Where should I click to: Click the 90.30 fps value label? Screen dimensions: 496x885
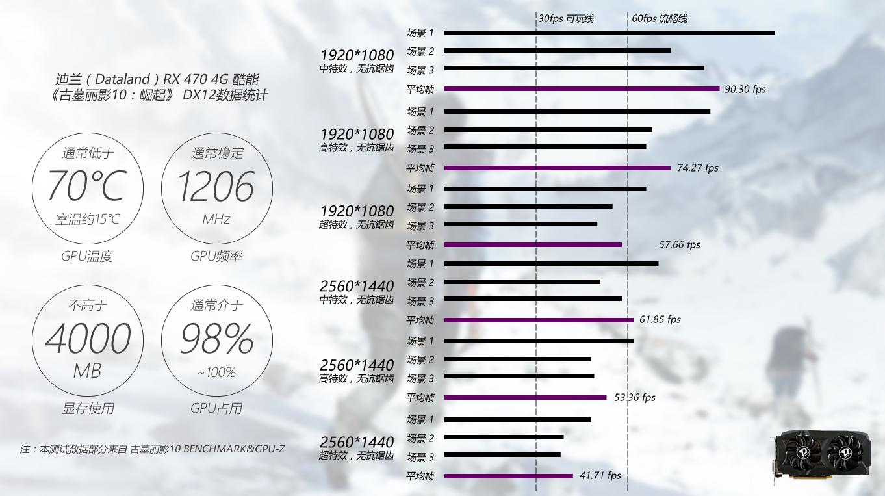tap(745, 90)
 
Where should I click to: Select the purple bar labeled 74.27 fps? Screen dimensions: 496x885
tap(557, 168)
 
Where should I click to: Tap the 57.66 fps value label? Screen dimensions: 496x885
tap(679, 245)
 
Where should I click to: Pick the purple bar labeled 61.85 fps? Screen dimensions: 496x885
tap(539, 320)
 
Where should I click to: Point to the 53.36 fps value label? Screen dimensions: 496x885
tap(634, 397)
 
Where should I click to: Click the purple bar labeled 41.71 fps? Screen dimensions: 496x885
tap(508, 476)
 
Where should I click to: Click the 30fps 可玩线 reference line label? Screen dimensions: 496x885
tap(565, 18)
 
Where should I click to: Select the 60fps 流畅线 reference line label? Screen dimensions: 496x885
tap(659, 18)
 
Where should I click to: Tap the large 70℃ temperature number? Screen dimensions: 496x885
tap(86, 187)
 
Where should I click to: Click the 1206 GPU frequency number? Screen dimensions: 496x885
tap(216, 187)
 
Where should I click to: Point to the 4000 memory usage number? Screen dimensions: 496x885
tap(87, 339)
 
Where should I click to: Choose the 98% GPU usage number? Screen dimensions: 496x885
tap(216, 339)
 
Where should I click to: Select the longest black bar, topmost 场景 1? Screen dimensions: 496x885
tap(609, 33)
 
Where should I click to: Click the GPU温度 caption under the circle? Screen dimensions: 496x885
tap(87, 256)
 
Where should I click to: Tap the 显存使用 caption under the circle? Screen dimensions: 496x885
tap(88, 408)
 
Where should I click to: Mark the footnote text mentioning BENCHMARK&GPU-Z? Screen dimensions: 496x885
tap(152, 449)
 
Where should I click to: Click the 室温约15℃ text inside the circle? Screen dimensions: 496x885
tap(87, 220)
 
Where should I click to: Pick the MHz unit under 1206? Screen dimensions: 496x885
tap(216, 220)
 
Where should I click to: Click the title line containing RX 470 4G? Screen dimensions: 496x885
tap(157, 79)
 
